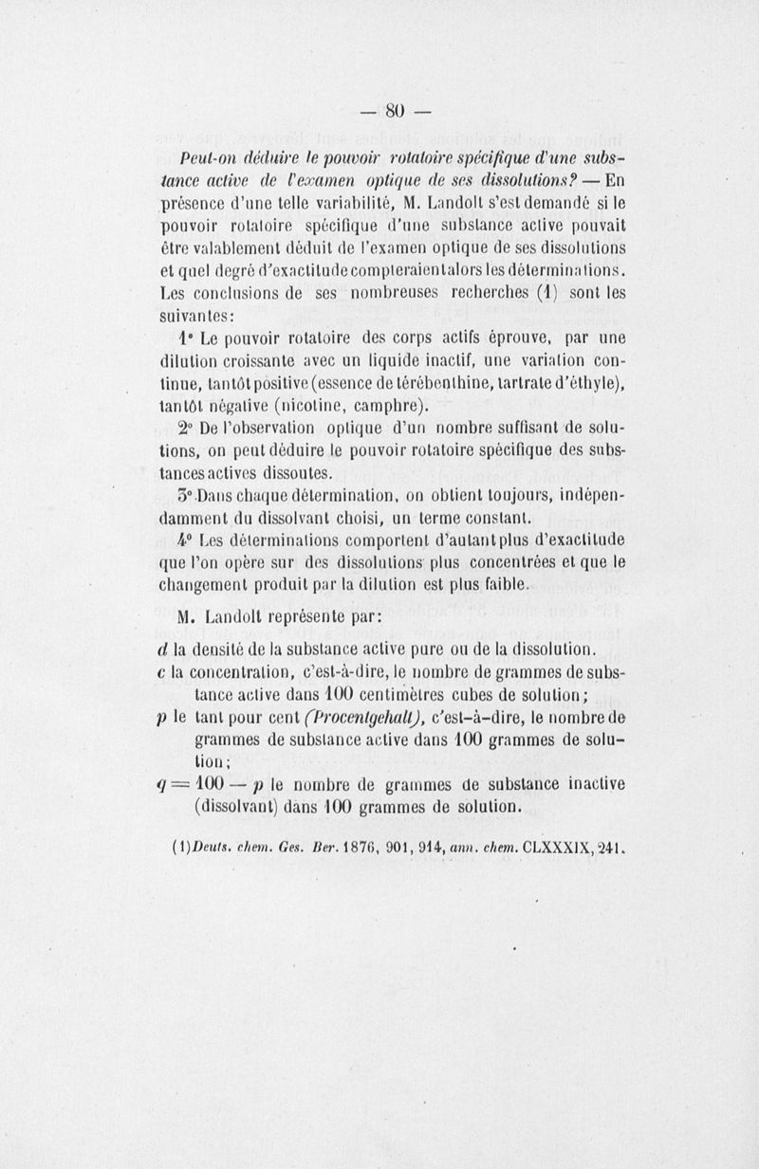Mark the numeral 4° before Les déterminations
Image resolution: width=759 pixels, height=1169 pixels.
(x=187, y=540)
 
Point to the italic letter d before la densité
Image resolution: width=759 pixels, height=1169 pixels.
(x=166, y=649)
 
